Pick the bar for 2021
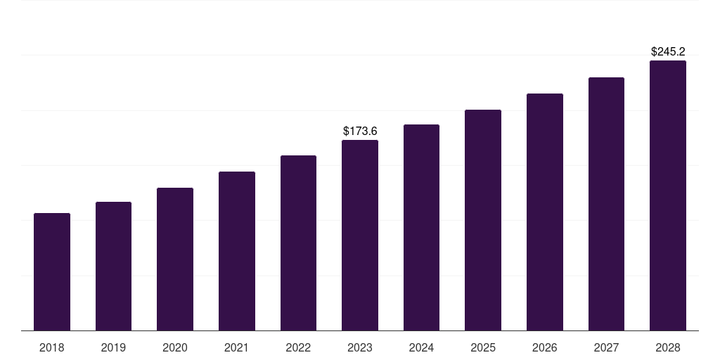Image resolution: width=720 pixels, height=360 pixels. [x=237, y=251]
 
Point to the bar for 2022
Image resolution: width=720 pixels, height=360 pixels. [x=298, y=243]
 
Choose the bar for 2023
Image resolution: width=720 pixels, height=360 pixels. [x=360, y=235]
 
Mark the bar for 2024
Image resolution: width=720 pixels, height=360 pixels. [x=421, y=227]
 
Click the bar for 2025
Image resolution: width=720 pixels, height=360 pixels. [x=483, y=220]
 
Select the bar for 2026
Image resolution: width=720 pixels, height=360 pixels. [x=545, y=212]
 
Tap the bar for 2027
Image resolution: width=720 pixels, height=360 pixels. [x=606, y=204]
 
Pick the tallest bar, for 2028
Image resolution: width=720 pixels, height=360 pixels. [x=668, y=195]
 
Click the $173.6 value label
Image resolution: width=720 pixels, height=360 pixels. [x=360, y=131]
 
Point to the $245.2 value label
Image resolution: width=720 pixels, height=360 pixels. [x=668, y=51]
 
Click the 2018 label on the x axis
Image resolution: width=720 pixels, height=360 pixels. [x=52, y=347]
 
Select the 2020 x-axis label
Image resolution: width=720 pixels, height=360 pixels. [x=175, y=347]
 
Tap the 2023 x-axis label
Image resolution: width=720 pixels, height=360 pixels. [x=360, y=347]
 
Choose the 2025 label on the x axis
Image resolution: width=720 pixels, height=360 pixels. [x=483, y=347]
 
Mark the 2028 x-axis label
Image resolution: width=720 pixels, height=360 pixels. [x=668, y=347]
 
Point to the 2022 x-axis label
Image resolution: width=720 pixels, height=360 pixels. [x=298, y=347]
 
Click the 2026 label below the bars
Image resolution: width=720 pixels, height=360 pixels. [x=545, y=347]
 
